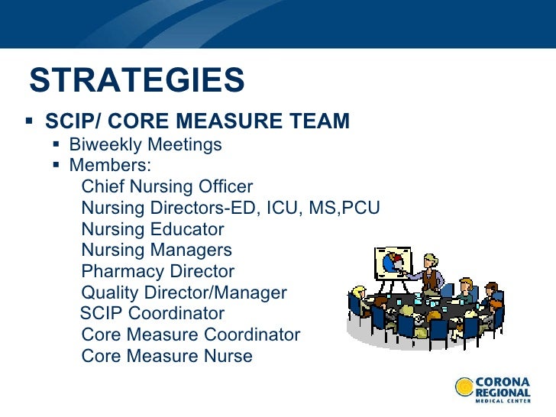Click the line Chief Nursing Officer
[x=166, y=187]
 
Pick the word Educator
[x=189, y=229]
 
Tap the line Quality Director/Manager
[x=184, y=293]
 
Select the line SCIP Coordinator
[x=153, y=313]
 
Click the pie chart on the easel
[x=391, y=262]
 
